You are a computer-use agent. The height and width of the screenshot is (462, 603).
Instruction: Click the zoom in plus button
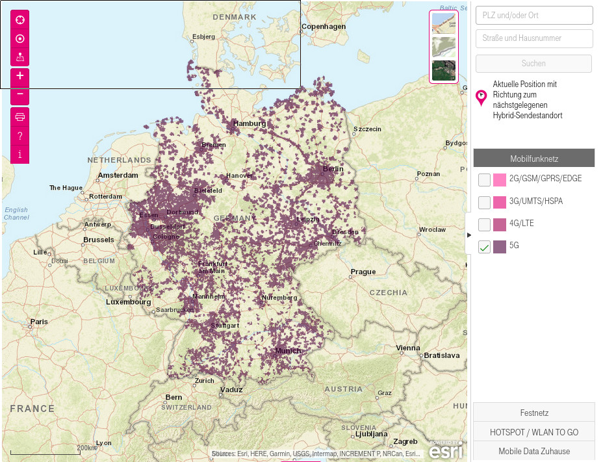[20, 75]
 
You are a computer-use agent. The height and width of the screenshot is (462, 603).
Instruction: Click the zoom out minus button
[20, 94]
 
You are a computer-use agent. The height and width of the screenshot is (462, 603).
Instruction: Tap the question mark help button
[20, 136]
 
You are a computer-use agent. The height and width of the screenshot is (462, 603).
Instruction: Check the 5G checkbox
[484, 247]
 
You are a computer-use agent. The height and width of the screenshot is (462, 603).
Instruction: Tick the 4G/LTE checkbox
[484, 224]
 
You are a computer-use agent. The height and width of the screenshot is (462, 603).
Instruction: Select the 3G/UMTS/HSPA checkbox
[484, 202]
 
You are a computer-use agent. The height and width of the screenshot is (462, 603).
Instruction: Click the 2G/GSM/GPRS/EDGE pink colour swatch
[500, 180]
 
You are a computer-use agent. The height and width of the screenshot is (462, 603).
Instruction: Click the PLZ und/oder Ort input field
[534, 15]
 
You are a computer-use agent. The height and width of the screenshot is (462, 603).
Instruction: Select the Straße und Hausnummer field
[534, 38]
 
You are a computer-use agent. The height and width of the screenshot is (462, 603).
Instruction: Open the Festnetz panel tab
[534, 413]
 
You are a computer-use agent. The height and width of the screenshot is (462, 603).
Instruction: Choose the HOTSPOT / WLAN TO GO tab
[534, 432]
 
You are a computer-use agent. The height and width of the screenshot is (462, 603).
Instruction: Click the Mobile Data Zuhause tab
[534, 451]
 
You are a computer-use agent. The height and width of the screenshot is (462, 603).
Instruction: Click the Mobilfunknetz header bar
[534, 159]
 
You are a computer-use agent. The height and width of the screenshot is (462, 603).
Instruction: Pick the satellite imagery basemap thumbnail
[444, 70]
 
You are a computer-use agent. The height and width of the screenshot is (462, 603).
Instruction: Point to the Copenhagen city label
[324, 27]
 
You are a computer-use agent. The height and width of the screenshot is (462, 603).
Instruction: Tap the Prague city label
[363, 272]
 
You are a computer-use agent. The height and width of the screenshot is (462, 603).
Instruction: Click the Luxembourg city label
[129, 302]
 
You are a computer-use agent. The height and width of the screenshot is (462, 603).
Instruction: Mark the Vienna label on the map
[408, 348]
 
